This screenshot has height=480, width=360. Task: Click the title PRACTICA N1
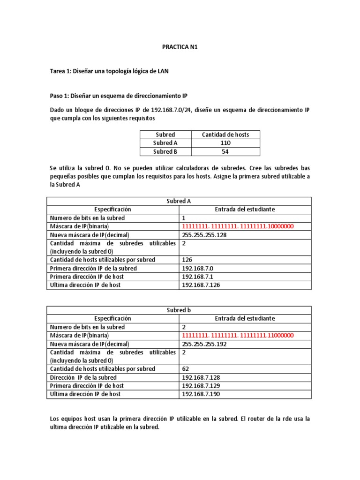tap(180, 47)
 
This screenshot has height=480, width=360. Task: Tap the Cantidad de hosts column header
tap(225, 135)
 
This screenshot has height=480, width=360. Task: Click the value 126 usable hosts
tap(187, 260)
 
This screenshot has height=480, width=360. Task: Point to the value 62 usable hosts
tap(185, 369)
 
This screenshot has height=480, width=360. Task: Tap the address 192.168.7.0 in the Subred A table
tap(197, 268)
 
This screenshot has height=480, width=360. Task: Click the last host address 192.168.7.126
tap(200, 285)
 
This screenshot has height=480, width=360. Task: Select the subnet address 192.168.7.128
tap(200, 377)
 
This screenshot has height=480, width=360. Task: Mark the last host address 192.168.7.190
tap(200, 394)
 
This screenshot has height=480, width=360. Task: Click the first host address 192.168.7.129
tap(200, 386)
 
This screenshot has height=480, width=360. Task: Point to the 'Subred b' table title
tap(179, 310)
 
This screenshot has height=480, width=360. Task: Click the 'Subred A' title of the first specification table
tap(179, 201)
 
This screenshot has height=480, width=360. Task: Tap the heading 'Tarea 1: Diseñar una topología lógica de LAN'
tap(110, 71)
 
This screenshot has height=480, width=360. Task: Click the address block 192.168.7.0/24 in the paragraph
tap(167, 110)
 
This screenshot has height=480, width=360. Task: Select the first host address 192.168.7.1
tap(197, 277)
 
